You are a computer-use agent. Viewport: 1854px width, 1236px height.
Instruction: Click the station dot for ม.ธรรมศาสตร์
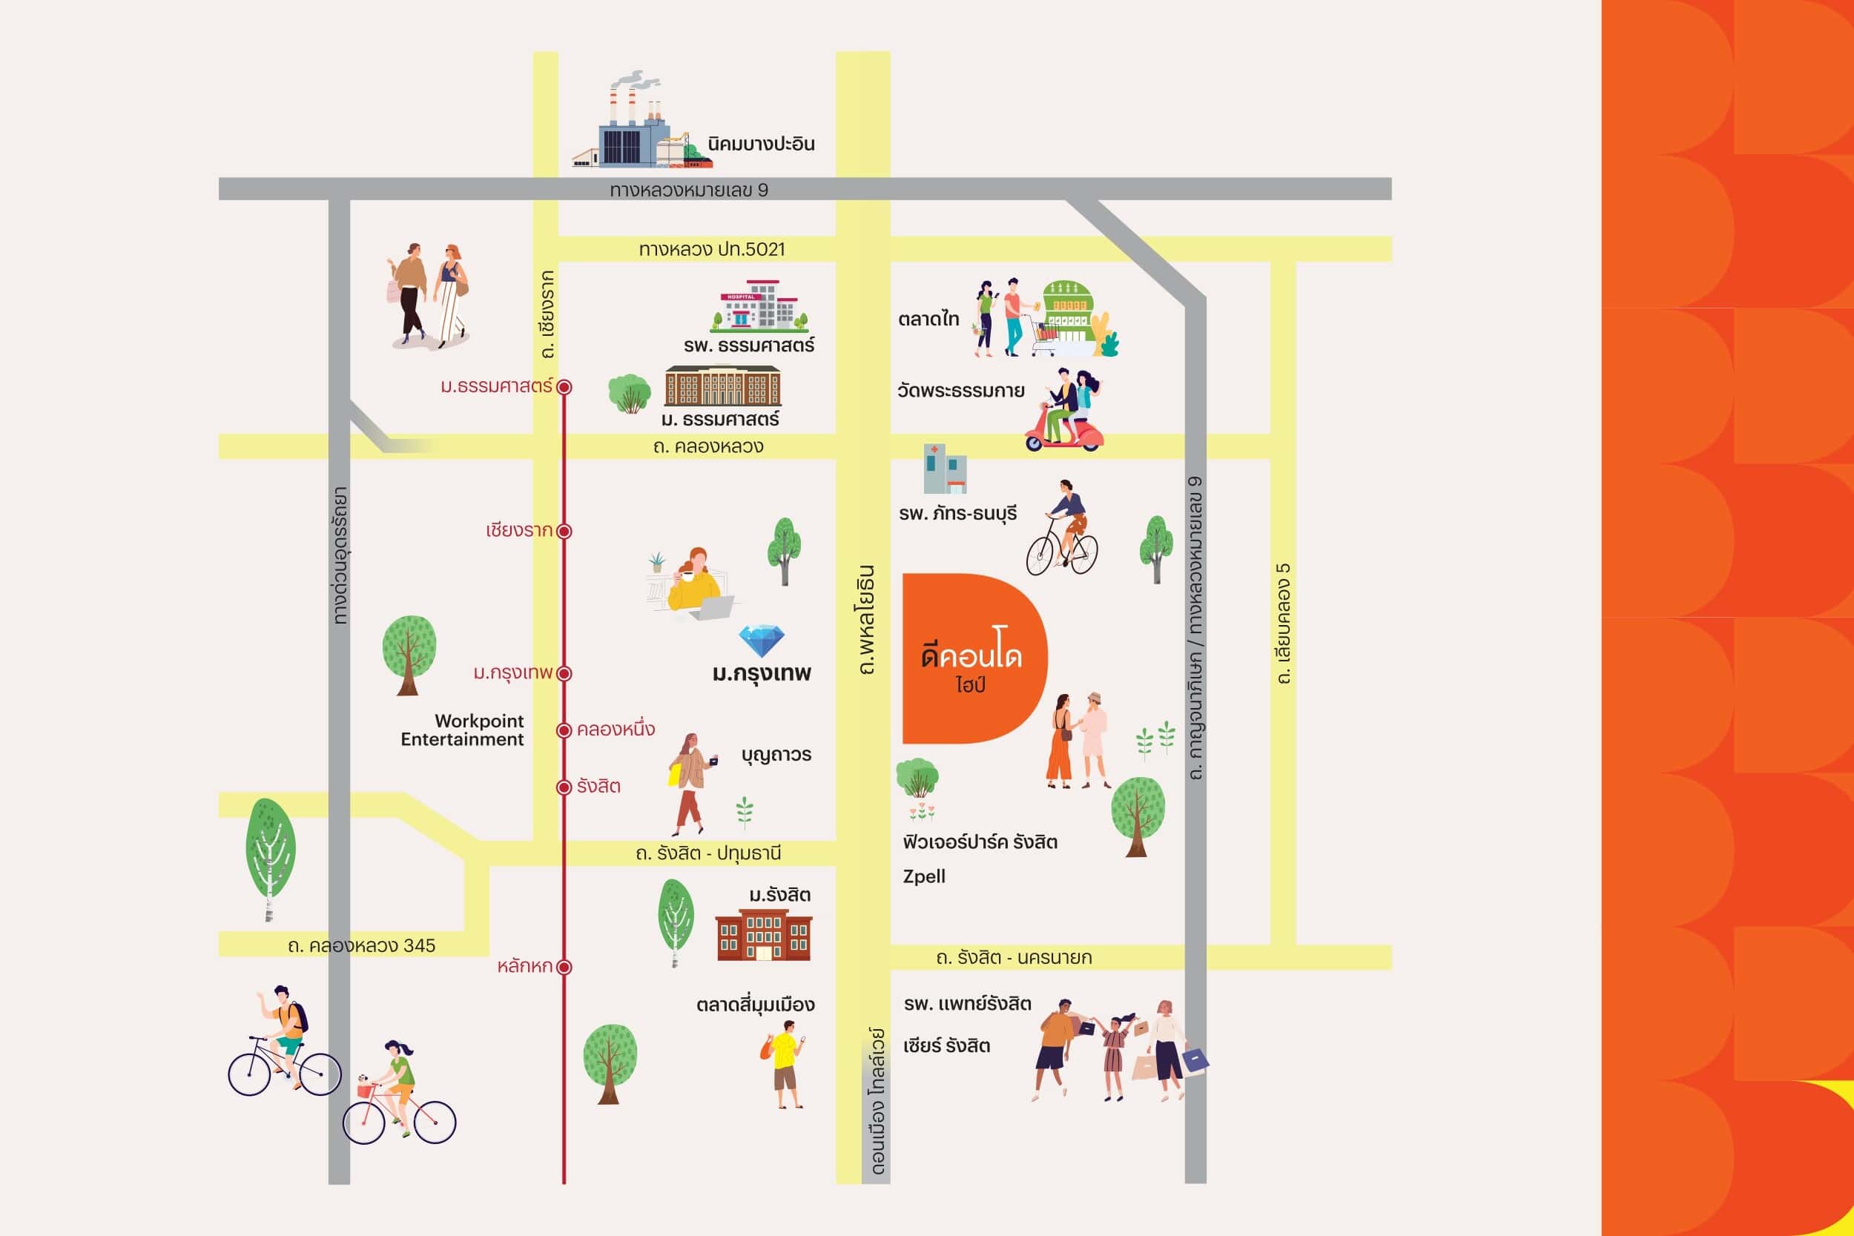point(564,387)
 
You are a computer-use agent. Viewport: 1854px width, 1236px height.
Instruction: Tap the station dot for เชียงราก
point(564,532)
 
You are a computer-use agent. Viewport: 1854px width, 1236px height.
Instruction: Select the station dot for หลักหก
point(564,967)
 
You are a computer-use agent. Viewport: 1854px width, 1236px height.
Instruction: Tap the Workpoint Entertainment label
point(462,730)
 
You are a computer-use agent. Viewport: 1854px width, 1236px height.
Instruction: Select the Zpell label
point(924,876)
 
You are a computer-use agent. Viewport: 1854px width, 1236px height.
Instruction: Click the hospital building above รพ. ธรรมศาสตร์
point(760,305)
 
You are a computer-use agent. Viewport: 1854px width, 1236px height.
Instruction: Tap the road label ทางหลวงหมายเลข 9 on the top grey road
point(689,190)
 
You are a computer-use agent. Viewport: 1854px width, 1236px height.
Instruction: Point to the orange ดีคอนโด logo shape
point(974,658)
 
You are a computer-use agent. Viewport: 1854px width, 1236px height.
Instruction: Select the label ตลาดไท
point(928,320)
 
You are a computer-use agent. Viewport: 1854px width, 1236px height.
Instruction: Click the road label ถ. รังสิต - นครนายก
point(1014,958)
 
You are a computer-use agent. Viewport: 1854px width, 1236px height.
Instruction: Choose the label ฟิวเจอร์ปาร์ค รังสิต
point(980,842)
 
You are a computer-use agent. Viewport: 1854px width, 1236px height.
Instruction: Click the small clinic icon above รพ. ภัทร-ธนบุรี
point(945,469)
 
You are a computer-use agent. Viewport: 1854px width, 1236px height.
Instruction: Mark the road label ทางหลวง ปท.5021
point(712,250)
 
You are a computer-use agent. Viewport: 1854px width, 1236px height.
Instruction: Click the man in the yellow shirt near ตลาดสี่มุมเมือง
point(785,1064)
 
